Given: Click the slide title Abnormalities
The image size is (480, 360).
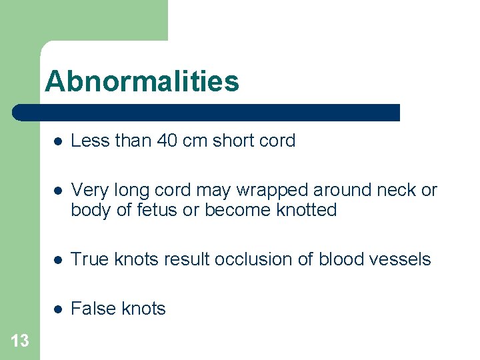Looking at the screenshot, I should point(141,82).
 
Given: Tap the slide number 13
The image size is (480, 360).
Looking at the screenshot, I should point(20,341).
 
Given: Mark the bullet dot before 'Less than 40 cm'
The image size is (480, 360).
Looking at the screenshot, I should point(59,141).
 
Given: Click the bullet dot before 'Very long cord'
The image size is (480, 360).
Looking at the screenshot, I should point(59,191).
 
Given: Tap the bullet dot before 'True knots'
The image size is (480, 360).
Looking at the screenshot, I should point(59,260).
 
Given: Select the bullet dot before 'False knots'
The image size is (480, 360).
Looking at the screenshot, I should point(59,309).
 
